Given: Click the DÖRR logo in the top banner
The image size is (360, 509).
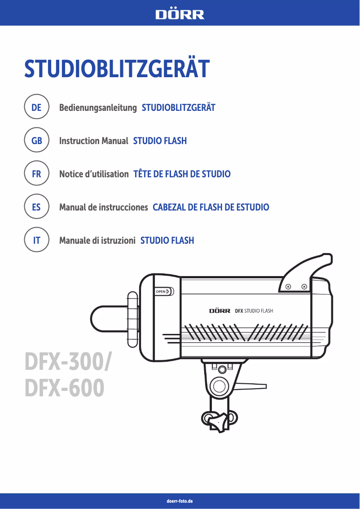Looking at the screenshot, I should [180, 14].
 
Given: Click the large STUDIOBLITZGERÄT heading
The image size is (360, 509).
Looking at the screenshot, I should [117, 69].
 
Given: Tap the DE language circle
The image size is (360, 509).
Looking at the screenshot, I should [36, 108].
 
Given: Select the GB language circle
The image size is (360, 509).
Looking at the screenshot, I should [36, 141].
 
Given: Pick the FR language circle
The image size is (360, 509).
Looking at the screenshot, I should [36, 174].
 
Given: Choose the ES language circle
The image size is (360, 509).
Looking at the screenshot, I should [36, 207].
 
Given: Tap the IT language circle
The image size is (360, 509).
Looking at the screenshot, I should [36, 241].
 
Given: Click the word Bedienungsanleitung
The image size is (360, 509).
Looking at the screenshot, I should [98, 108].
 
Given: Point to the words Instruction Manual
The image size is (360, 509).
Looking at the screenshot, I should [94, 141].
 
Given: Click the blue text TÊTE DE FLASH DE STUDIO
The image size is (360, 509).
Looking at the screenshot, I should [182, 174].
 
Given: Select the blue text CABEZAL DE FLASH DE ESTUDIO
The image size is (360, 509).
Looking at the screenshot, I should [211, 207].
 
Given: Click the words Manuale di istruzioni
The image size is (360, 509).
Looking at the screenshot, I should [97, 241].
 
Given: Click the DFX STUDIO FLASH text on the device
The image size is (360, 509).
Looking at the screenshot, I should [254, 311].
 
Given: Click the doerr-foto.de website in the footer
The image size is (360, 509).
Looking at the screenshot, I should [180, 500].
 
